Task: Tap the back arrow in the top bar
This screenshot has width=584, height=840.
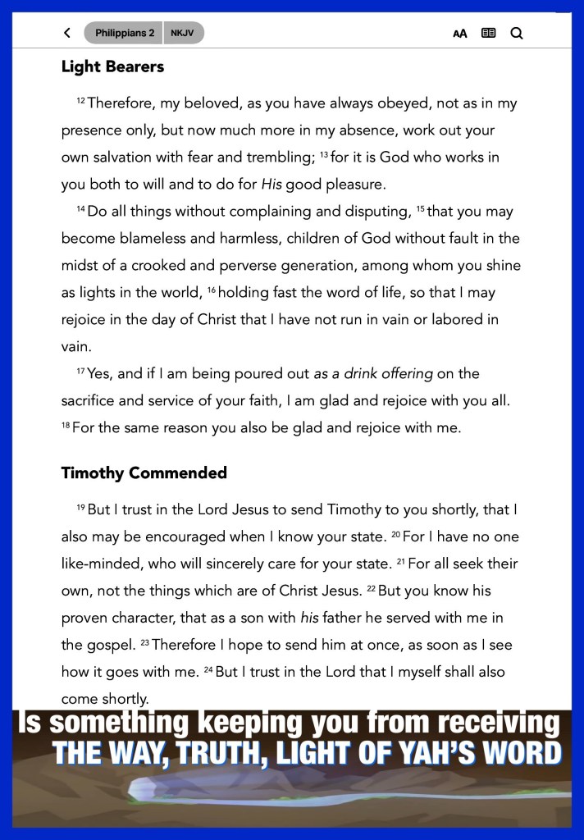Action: click(x=67, y=33)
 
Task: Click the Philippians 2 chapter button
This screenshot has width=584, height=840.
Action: click(x=124, y=33)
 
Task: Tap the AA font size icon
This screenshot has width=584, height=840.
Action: click(x=460, y=34)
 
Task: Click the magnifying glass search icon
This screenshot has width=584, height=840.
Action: click(x=517, y=34)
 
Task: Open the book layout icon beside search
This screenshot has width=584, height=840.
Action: click(x=488, y=34)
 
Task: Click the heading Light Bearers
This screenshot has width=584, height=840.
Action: click(x=112, y=67)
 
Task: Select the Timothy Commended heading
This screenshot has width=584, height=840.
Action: click(x=144, y=473)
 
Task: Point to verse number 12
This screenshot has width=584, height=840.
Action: click(x=80, y=100)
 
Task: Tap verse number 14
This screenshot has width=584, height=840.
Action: click(x=80, y=208)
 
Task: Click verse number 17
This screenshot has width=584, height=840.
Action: click(x=80, y=371)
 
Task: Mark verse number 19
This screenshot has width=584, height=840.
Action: click(x=80, y=506)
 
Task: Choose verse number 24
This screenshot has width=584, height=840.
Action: click(x=208, y=669)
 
